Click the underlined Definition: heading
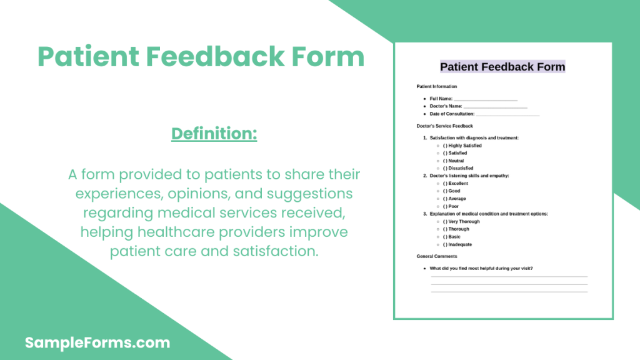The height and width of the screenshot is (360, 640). [x=214, y=134]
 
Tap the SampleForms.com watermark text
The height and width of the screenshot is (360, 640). [x=97, y=342]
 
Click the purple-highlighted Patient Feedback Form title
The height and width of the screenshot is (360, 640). [x=502, y=66]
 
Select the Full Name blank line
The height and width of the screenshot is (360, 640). [x=486, y=100]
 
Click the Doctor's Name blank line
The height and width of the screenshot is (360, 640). [x=496, y=107]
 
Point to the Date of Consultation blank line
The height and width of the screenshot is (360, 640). [x=507, y=116]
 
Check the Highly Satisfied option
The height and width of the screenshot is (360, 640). [x=462, y=146]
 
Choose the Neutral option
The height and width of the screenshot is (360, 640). [x=453, y=161]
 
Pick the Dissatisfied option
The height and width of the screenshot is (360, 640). [x=458, y=168]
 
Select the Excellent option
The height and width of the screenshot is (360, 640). [x=456, y=184]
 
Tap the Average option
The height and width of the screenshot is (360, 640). [x=454, y=199]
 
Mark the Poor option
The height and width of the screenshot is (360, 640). [x=451, y=206]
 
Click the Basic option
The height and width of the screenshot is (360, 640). [x=451, y=237]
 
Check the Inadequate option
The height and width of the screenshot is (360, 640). [x=457, y=244]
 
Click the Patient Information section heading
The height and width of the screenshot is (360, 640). [x=437, y=86]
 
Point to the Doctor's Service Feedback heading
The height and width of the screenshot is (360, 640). [x=444, y=126]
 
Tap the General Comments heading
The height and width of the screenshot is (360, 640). [x=437, y=256]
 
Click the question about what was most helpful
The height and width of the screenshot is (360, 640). [x=481, y=269]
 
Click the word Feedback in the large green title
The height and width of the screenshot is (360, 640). [x=215, y=56]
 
